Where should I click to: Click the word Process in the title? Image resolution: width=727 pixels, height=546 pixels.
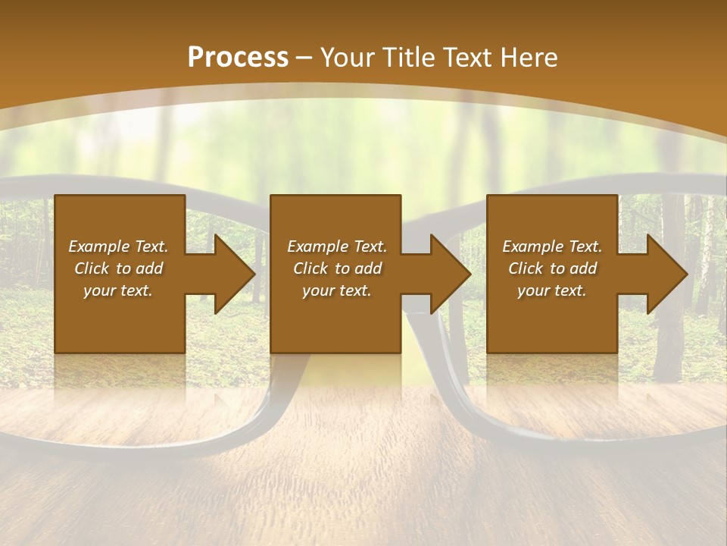pos(238,58)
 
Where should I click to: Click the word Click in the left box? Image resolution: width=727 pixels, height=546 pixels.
pos(92,268)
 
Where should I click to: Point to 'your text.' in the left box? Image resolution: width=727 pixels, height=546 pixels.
pos(118,290)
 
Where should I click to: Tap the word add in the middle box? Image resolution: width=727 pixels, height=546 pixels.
pos(368,268)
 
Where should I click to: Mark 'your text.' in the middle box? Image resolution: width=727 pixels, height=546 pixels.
pos(336,290)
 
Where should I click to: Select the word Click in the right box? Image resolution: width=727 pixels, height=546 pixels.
pos(526,268)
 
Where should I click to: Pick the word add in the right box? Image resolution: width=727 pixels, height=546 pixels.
pos(583,268)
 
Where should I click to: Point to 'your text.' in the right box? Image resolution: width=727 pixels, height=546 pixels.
pos(551,290)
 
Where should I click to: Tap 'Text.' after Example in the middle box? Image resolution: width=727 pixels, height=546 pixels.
pos(368,246)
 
